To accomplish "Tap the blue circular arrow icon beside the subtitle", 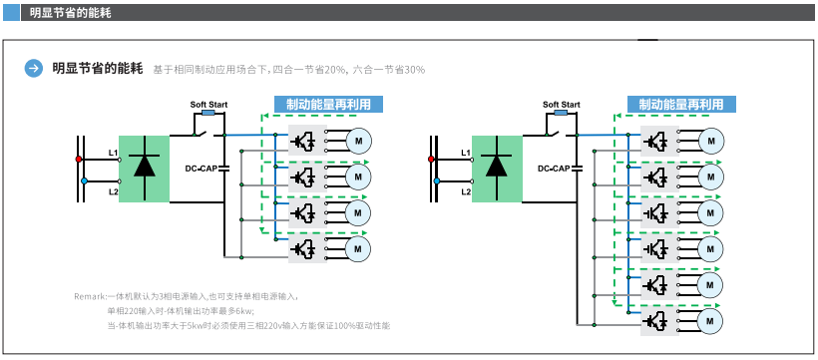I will (33, 69).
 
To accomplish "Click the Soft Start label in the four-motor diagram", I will (209, 104).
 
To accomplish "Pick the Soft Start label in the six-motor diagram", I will (562, 104).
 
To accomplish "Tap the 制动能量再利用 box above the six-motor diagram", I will (680, 104).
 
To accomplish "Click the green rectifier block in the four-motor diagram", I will (144, 169).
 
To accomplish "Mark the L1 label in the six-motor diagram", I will (465, 152).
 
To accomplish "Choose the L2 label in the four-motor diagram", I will (113, 190).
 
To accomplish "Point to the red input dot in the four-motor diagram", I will (79, 160).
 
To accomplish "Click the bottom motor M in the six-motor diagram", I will (710, 321).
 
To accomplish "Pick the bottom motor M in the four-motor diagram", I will (357, 247).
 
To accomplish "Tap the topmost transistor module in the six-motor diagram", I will (655, 141).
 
